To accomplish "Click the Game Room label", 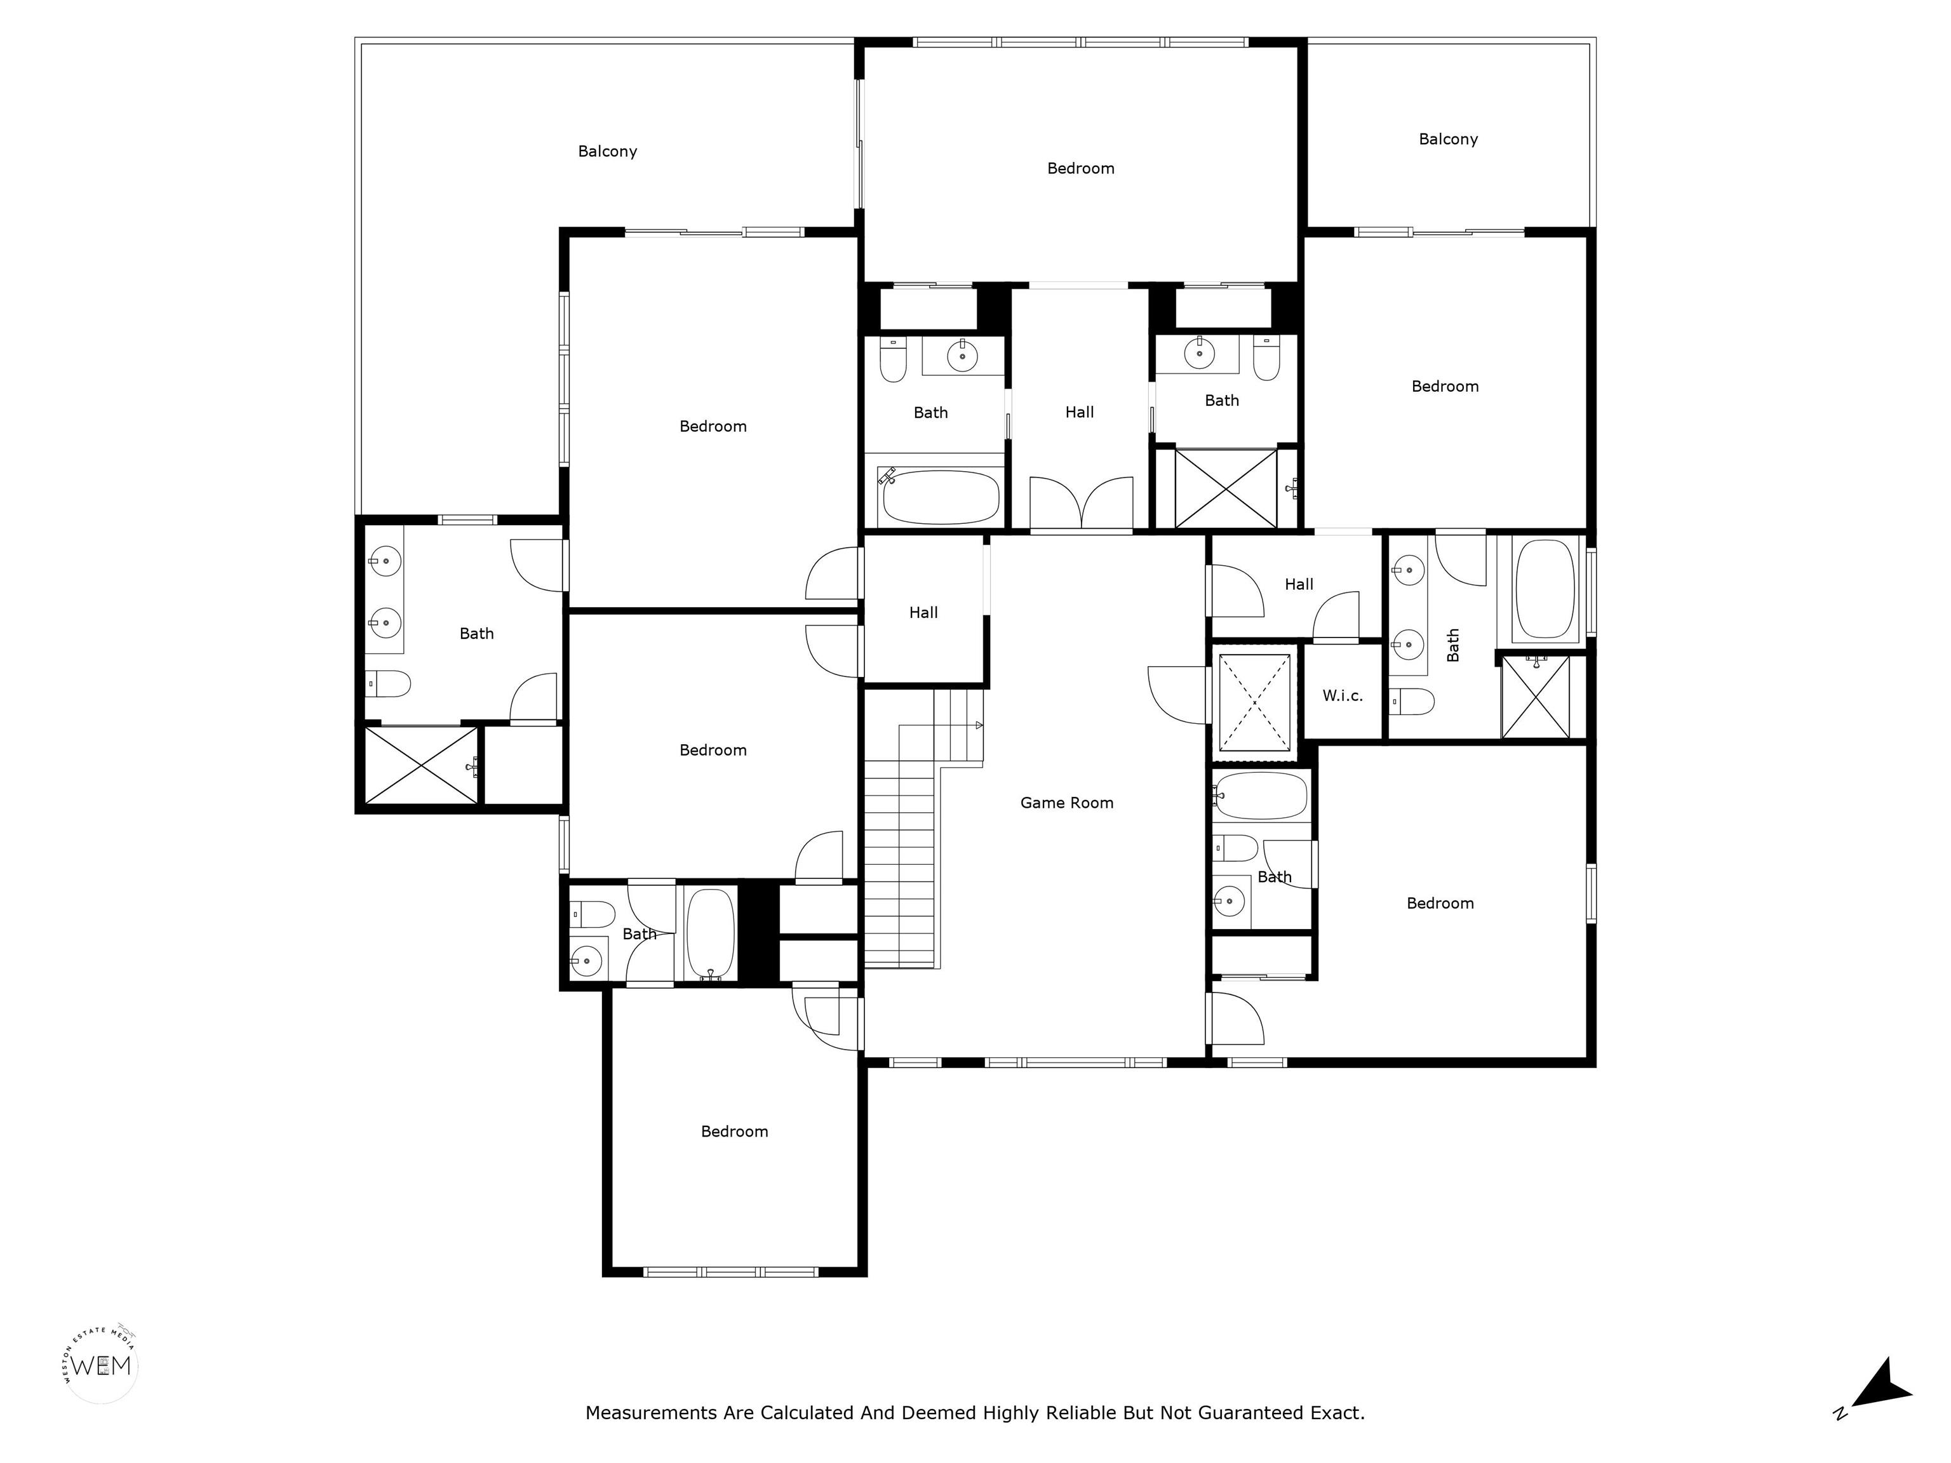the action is (x=1066, y=803).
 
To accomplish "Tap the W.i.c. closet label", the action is (x=1343, y=696).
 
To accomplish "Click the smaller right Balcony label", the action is (x=1448, y=138).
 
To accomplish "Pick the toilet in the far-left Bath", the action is (x=388, y=683).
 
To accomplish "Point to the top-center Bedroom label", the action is (x=1080, y=168).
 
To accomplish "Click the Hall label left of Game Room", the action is (x=923, y=612).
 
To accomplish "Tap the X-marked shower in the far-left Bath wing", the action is (x=420, y=765).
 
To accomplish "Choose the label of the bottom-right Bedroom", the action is (x=1440, y=903).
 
